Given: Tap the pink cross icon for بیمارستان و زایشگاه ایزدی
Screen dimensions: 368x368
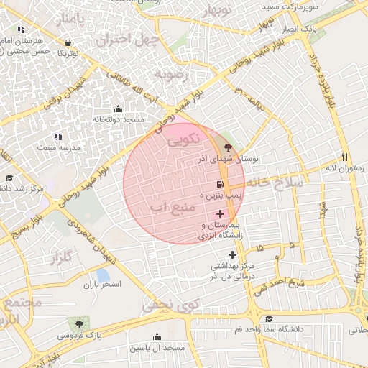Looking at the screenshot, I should pos(220,213).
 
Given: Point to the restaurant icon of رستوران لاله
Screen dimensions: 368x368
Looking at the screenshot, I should pos(345,157).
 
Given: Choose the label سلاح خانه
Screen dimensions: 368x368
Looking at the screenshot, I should pos(285,184).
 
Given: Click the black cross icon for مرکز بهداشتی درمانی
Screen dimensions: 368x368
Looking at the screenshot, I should pos(231,254).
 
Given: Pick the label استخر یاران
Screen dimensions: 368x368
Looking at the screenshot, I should pos(101,284).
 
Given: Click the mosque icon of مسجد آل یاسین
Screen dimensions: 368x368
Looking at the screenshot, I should pos(156,336).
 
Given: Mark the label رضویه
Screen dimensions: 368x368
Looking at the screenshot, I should pos(171,73).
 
